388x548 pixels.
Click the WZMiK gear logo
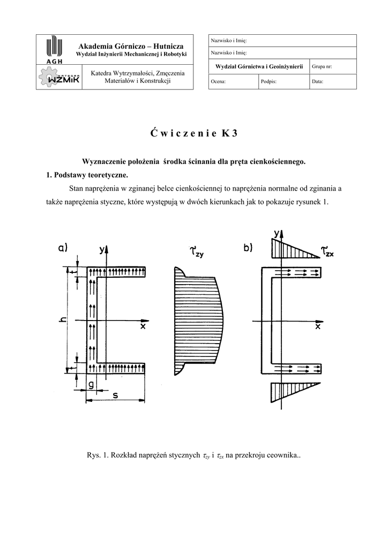tap(58, 78)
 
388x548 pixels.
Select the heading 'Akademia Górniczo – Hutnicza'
tap(131, 47)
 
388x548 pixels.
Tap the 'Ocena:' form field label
tap(218, 82)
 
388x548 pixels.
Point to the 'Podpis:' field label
tap(268, 82)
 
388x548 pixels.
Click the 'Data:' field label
tap(317, 82)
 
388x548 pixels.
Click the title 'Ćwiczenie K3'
tap(193, 134)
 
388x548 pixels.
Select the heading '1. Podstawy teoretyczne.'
tap(87, 175)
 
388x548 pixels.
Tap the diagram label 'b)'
tap(248, 247)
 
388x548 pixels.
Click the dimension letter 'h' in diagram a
tap(63, 320)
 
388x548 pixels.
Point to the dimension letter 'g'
tap(91, 384)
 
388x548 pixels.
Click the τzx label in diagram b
tap(327, 250)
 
